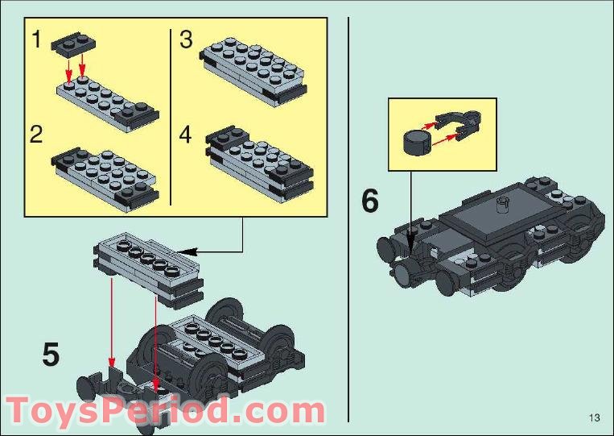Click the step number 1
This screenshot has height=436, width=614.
click(36, 39)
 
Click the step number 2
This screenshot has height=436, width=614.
click(36, 133)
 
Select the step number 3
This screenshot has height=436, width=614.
click(186, 39)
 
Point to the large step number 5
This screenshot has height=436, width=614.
click(51, 354)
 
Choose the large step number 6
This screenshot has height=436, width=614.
click(369, 201)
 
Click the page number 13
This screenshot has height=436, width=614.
click(595, 417)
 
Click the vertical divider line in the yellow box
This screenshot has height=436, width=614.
click(171, 117)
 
